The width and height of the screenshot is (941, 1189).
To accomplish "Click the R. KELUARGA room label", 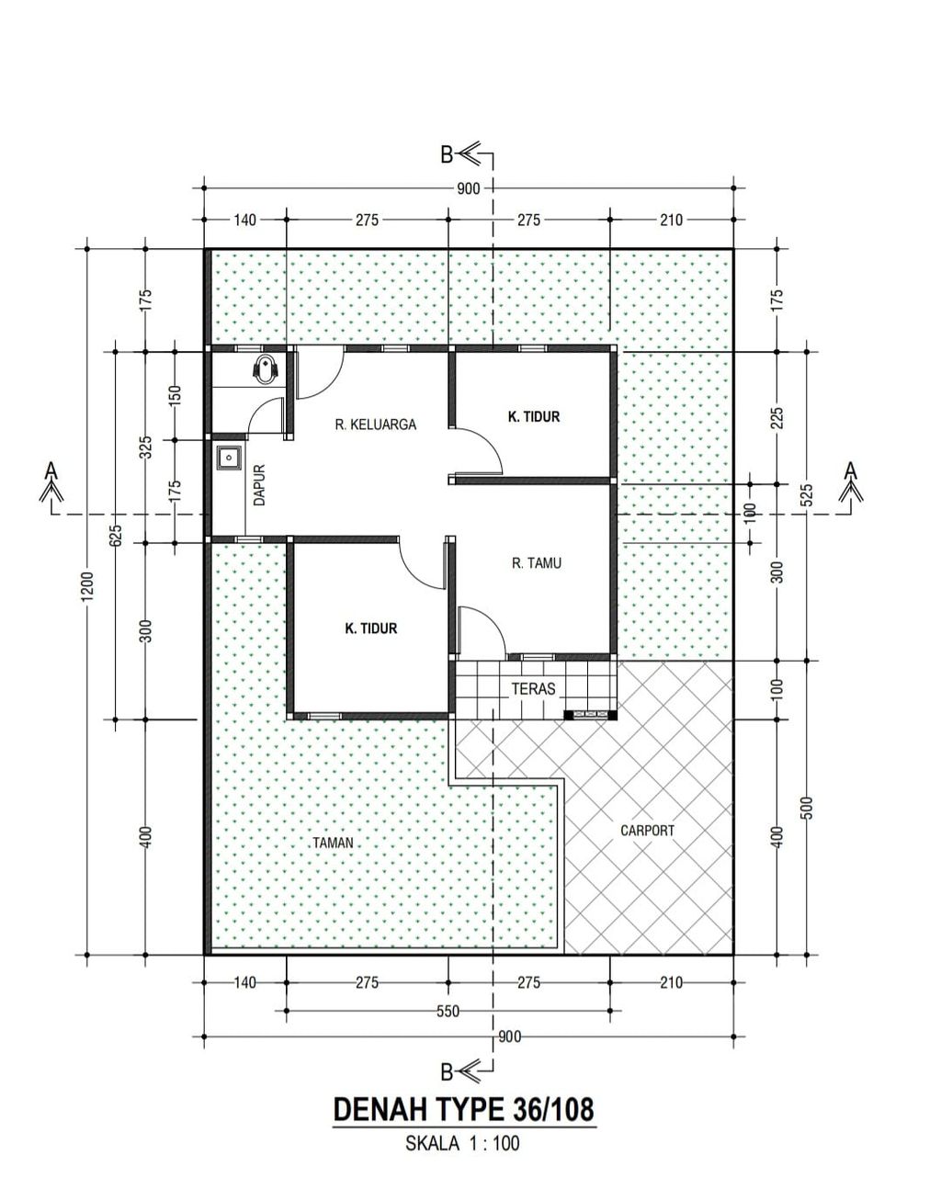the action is click(375, 425).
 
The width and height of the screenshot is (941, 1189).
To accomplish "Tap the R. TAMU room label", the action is click(536, 563).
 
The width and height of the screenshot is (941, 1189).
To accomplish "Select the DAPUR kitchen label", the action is click(259, 485).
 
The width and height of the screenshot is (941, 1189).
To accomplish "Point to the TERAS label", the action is click(533, 688).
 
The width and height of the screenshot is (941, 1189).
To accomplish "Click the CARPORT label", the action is click(647, 830).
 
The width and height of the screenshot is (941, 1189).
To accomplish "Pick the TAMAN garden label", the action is click(333, 843).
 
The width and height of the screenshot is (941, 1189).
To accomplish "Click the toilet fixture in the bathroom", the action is click(266, 368).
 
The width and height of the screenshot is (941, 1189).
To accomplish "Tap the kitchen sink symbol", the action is click(229, 458).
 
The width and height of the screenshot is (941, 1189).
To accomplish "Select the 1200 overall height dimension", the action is click(87, 585).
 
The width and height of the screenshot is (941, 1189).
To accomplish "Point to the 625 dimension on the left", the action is click(116, 536).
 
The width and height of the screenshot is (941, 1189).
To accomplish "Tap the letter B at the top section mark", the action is click(447, 155).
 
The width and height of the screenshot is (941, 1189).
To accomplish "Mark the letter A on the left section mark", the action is click(51, 470).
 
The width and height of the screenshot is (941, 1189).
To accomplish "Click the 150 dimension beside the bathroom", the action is click(175, 396).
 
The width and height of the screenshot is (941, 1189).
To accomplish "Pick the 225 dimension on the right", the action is click(777, 418).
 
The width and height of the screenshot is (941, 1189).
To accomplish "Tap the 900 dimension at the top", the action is click(468, 189).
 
